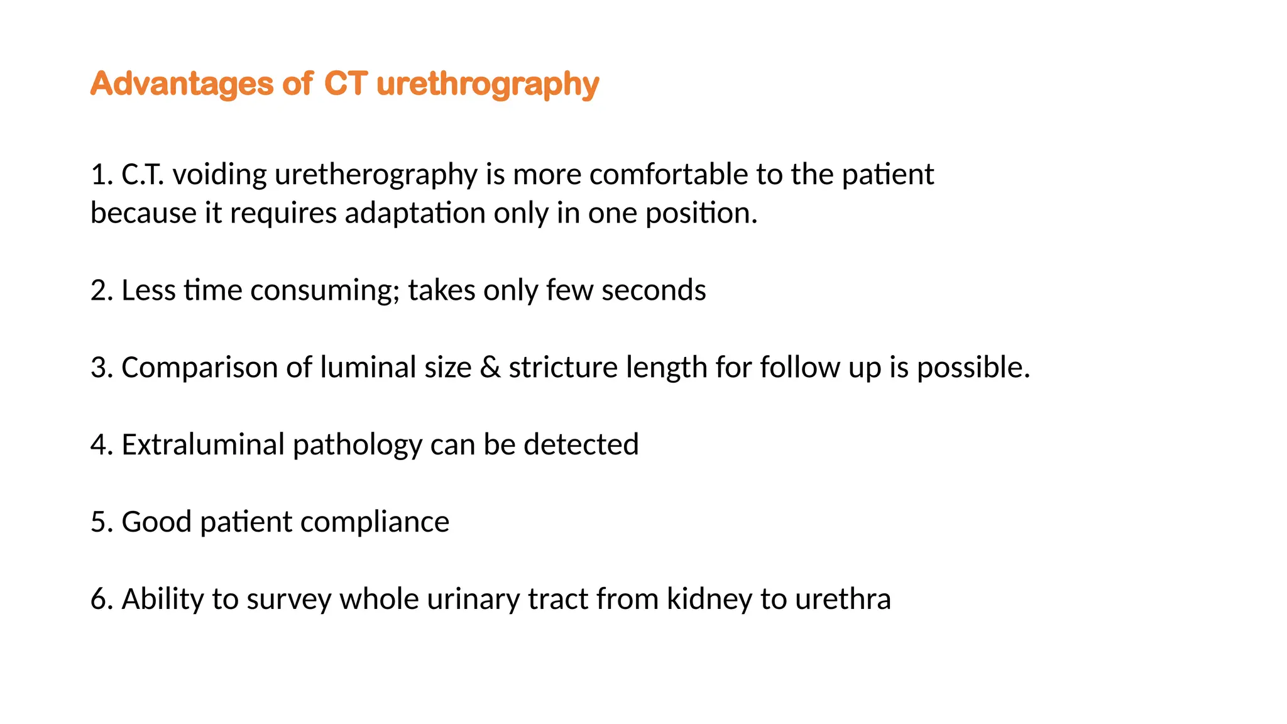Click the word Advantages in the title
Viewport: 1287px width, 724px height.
pyautogui.click(x=182, y=84)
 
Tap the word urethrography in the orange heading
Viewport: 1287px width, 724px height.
pyautogui.click(x=488, y=84)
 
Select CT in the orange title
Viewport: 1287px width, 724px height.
pyautogui.click(x=345, y=84)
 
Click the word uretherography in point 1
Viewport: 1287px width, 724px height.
pyautogui.click(x=376, y=175)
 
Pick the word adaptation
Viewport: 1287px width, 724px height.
pyautogui.click(x=415, y=214)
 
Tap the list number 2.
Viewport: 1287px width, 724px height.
pyautogui.click(x=101, y=290)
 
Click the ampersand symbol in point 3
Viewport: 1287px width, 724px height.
pyautogui.click(x=490, y=368)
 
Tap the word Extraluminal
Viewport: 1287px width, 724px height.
pyautogui.click(x=202, y=445)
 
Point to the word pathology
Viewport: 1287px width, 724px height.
pyautogui.click(x=357, y=445)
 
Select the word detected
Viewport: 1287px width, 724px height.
pyautogui.click(x=581, y=445)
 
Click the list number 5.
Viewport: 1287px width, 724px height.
pyautogui.click(x=101, y=522)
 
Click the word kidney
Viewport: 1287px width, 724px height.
pyautogui.click(x=709, y=600)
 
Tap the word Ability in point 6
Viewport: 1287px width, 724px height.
pyautogui.click(x=162, y=600)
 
